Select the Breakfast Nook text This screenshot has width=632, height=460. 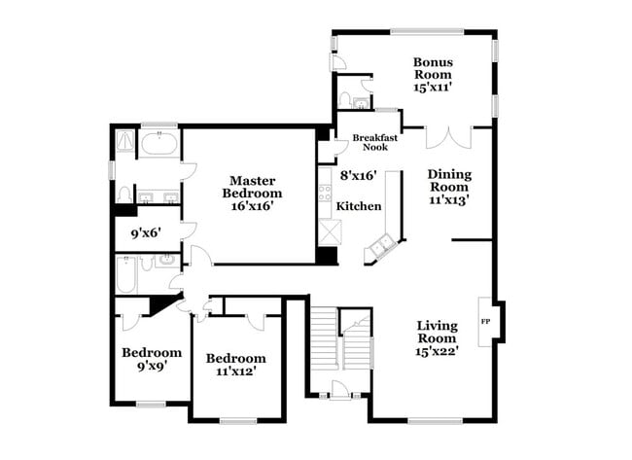pos(370,142)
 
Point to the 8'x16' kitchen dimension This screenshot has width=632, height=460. pos(359,176)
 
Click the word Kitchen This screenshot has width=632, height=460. pos(359,206)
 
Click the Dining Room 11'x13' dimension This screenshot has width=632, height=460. pos(449,200)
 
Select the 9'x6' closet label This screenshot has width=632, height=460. pos(148,233)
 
